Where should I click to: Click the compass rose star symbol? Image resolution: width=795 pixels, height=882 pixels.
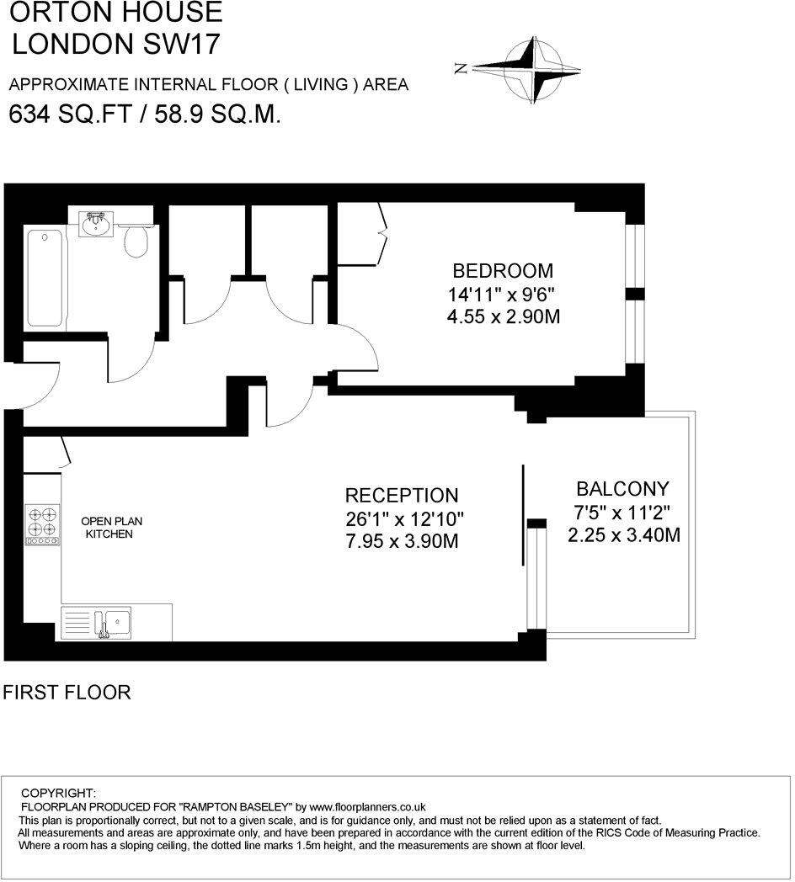tap(533, 70)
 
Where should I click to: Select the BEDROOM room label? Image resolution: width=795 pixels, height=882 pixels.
tap(503, 271)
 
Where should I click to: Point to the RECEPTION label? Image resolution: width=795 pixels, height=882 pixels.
tap(402, 496)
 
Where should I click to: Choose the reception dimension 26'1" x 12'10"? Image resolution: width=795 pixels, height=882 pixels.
tap(404, 518)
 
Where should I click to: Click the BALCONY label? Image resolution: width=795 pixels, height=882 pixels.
tap(622, 489)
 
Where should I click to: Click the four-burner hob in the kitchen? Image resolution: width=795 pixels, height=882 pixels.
tap(42, 524)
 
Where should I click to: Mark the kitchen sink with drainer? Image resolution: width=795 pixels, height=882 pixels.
tap(95, 623)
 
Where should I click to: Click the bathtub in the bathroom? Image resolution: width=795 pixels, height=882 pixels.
tap(45, 279)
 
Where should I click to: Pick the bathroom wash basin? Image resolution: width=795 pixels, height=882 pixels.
tap(94, 224)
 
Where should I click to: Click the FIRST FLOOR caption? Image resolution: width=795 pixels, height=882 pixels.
tap(67, 693)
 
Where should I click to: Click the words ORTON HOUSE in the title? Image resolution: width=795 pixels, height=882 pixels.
tap(115, 13)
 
